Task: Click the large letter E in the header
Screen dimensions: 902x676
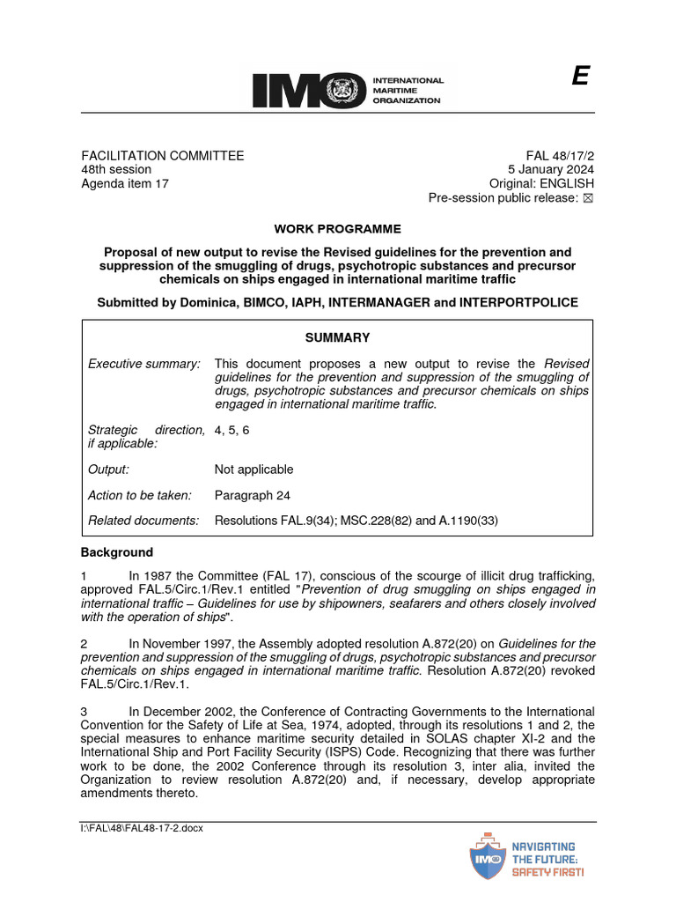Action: pyautogui.click(x=579, y=78)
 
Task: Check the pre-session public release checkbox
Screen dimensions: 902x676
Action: pyautogui.click(x=589, y=198)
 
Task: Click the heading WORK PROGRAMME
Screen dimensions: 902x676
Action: pyautogui.click(x=337, y=229)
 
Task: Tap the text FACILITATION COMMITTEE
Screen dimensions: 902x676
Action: pyautogui.click(x=162, y=156)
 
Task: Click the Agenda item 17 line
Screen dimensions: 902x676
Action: pyautogui.click(x=124, y=184)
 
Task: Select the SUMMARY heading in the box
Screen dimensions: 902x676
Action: pyautogui.click(x=337, y=337)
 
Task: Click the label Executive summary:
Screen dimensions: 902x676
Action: pyautogui.click(x=144, y=364)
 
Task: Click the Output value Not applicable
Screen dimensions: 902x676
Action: pyautogui.click(x=253, y=469)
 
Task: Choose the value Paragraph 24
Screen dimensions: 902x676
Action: pyautogui.click(x=252, y=495)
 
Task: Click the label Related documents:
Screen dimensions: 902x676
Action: pyautogui.click(x=143, y=521)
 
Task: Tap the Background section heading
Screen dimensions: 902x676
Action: pyautogui.click(x=116, y=552)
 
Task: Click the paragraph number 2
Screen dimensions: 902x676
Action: pyautogui.click(x=84, y=643)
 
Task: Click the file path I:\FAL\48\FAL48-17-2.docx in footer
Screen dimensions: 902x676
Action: pyautogui.click(x=142, y=828)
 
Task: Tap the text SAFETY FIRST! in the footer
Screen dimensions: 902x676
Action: pyautogui.click(x=547, y=872)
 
